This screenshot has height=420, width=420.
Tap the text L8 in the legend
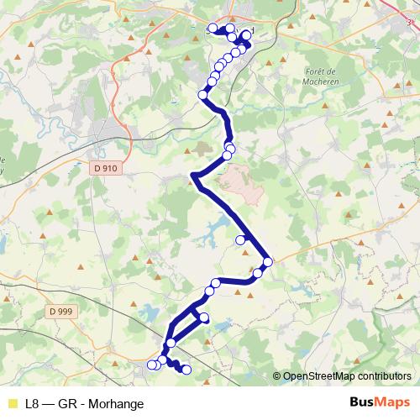(32, 403)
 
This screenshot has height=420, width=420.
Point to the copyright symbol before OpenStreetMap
(277, 376)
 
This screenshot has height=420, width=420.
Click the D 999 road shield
(60, 312)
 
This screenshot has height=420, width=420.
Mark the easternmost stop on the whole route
(268, 263)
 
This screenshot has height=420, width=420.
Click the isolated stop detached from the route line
(240, 240)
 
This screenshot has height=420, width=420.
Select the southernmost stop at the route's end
(186, 370)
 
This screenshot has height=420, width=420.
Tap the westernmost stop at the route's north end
(213, 29)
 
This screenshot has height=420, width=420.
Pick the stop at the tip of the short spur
(205, 318)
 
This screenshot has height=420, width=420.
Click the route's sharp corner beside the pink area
(194, 175)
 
